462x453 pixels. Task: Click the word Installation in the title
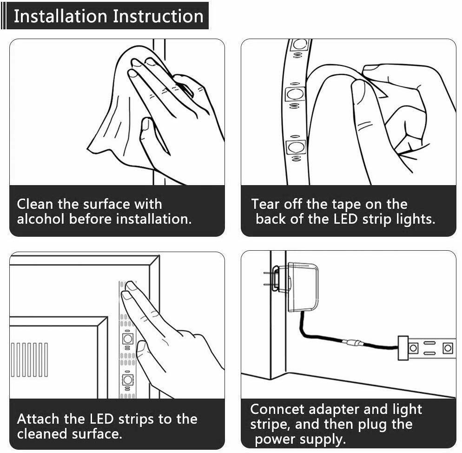[x=60, y=16]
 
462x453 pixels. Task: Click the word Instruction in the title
[x=158, y=16]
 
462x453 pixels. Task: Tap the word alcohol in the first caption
[x=40, y=219]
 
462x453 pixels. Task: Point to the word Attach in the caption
[x=38, y=419]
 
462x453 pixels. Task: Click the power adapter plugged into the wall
[x=302, y=287]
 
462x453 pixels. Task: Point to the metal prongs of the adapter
[x=267, y=279]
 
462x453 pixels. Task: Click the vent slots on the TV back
[x=29, y=360]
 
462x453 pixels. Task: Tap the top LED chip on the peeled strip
[x=300, y=45]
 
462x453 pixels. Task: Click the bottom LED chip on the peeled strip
[x=296, y=147]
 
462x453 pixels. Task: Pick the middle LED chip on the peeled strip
[x=295, y=94]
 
